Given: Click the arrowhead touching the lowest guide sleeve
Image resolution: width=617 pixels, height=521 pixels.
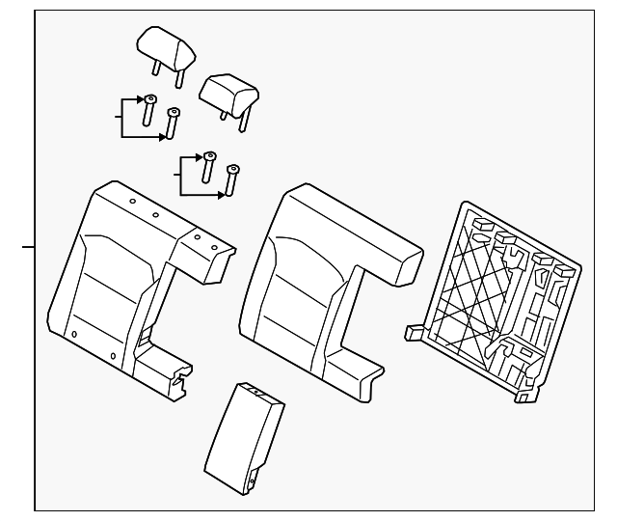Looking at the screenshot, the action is [x=224, y=195].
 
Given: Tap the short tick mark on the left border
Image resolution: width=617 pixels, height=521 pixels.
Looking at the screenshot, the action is [x=28, y=248].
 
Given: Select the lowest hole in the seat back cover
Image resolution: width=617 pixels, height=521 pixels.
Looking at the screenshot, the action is [x=113, y=356].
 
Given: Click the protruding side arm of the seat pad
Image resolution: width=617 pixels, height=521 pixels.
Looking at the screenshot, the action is [x=390, y=256].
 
